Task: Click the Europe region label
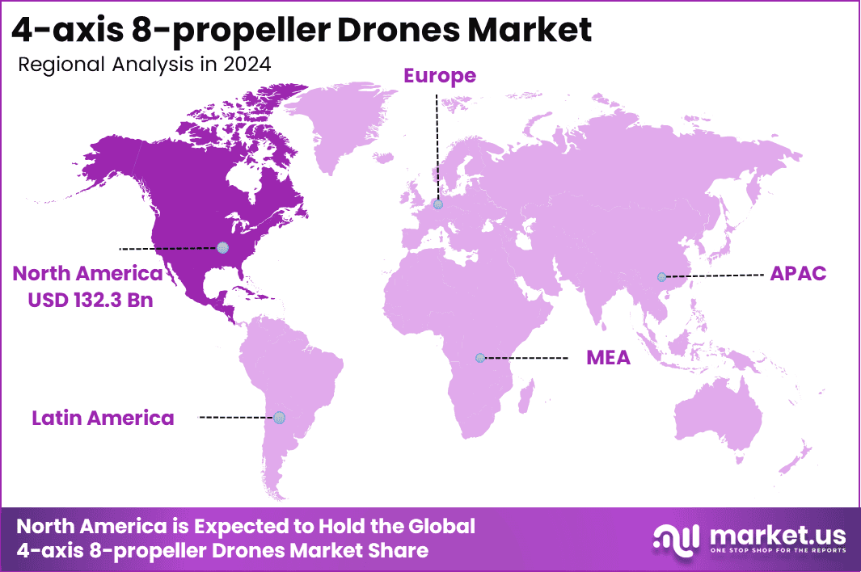(440, 76)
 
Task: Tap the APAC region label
(798, 273)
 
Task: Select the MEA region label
(608, 357)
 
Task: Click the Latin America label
(103, 418)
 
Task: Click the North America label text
(87, 274)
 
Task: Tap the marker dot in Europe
(438, 204)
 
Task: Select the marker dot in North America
(222, 247)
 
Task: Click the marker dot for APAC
(662, 277)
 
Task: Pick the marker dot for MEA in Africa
(480, 357)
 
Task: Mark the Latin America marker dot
(279, 417)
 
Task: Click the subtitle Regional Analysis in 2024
(144, 65)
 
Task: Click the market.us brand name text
(777, 534)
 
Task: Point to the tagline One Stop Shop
(777, 551)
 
